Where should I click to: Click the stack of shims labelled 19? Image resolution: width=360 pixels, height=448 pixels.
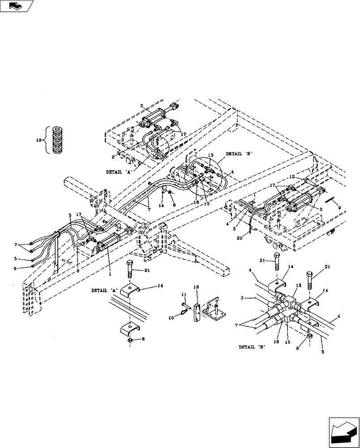pos(58,140)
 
